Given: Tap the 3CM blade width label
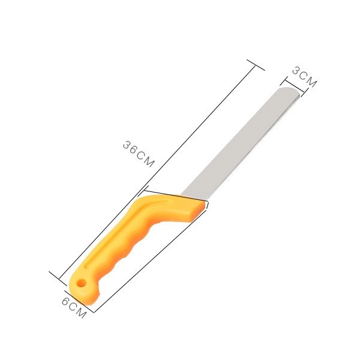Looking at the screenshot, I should [304, 77].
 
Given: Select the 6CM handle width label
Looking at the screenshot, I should [73, 308].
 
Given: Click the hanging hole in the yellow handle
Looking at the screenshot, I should [80, 281].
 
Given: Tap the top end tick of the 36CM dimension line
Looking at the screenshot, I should [256, 64].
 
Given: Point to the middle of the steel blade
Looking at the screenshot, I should [240, 144].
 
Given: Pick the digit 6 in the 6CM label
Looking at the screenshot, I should [65, 301].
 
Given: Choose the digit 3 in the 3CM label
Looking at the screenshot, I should [296, 71].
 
